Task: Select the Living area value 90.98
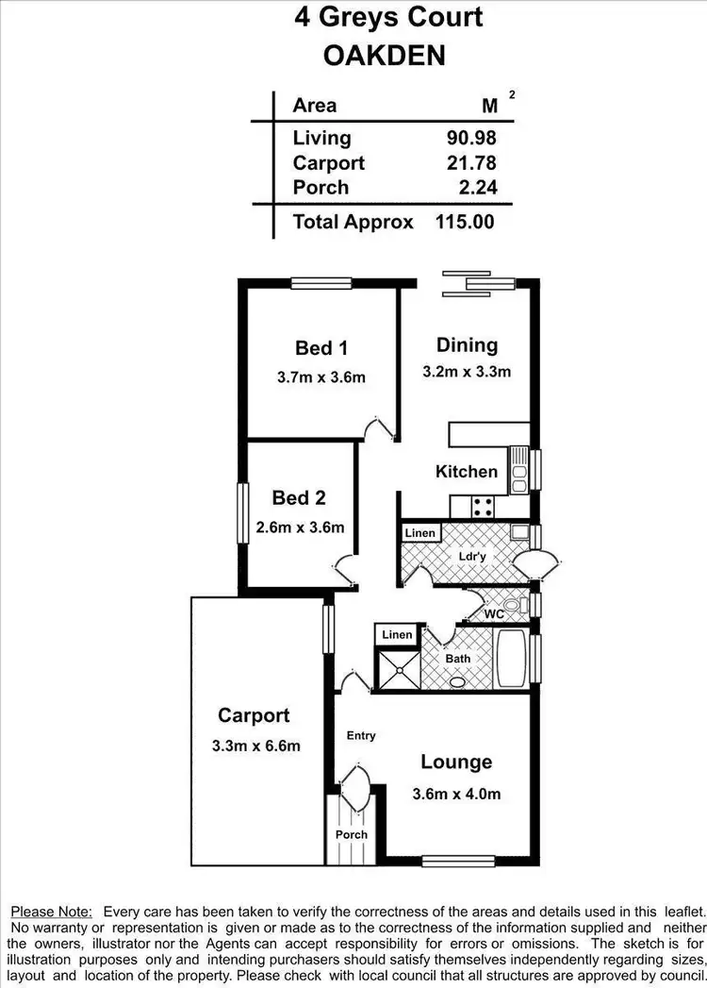coord(471,138)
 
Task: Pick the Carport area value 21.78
coord(471,163)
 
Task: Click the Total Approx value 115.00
coord(465,223)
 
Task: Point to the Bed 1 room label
coord(315,348)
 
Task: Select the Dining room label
coord(467,344)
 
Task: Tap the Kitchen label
coord(467,471)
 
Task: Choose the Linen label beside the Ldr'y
coord(420,533)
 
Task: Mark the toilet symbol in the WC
coord(513,604)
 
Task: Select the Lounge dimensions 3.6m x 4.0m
coord(456,794)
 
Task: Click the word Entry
coord(361,736)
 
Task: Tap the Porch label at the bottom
coord(351,834)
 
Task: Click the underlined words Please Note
coord(51,912)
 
